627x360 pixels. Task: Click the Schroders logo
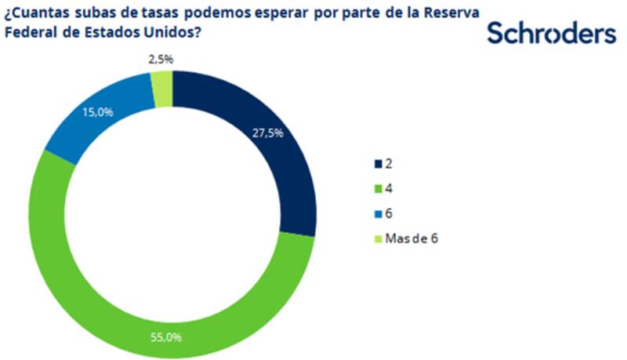551,33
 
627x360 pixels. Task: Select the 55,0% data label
166,337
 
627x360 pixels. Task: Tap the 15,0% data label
98,112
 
